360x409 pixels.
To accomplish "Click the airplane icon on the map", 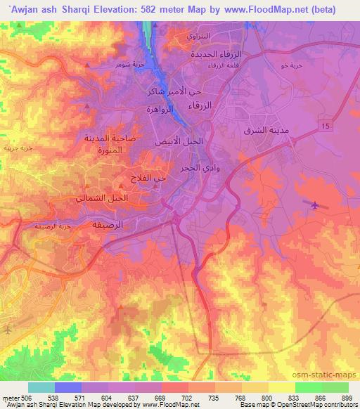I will [314, 205].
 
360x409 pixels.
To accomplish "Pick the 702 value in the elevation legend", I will [187, 397].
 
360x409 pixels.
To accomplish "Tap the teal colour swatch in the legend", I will [41, 387].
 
